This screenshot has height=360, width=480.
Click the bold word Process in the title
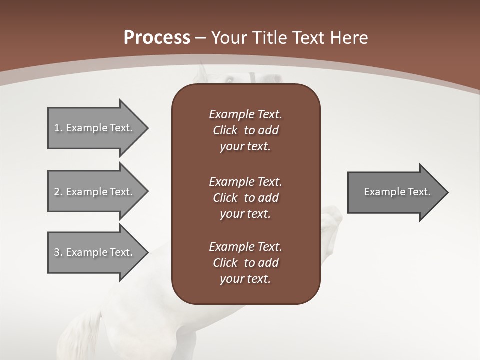(x=157, y=38)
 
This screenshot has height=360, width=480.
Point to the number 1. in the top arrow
(x=58, y=128)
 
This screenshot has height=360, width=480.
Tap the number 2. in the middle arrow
(x=58, y=192)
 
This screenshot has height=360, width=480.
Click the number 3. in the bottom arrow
(x=58, y=252)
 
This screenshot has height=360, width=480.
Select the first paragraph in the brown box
(x=245, y=130)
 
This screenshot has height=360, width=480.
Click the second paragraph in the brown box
(x=245, y=198)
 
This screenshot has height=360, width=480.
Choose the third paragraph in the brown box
(x=245, y=263)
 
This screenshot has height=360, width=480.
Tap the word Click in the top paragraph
(x=225, y=130)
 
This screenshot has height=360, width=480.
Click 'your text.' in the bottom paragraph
(x=245, y=279)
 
